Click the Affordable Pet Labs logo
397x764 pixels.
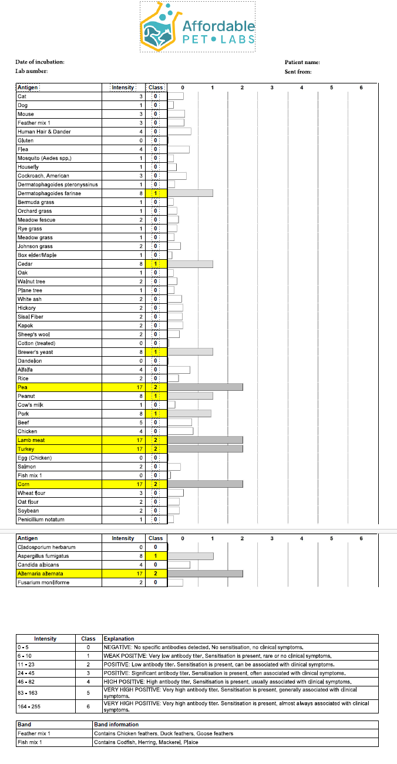pyautogui.click(x=197, y=26)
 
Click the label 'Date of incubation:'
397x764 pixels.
pyautogui.click(x=40, y=62)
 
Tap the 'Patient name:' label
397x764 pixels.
pyautogui.click(x=302, y=62)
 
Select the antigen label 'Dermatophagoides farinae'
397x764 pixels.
pyautogui.click(x=41, y=193)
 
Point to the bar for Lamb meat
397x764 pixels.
pyautogui.click(x=206, y=440)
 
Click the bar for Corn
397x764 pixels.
pyautogui.click(x=206, y=484)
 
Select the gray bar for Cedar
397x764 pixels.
pyautogui.click(x=190, y=264)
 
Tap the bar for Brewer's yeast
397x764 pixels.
pyautogui.click(x=190, y=352)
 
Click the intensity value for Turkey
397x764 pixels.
pyautogui.click(x=140, y=449)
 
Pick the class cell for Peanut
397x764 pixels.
pyautogui.click(x=156, y=396)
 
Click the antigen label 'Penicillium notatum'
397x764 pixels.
pyautogui.click(x=41, y=520)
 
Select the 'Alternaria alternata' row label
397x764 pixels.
pyautogui.click(x=41, y=574)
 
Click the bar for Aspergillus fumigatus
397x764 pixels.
pyautogui.click(x=190, y=556)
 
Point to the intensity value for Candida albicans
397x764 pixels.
pyautogui.click(x=141, y=565)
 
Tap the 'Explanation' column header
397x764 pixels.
pyautogui.click(x=119, y=638)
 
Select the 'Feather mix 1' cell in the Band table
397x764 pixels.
pyautogui.click(x=34, y=733)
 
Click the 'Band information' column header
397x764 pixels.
pyautogui.click(x=116, y=725)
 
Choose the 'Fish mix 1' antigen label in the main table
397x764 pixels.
pyautogui.click(x=30, y=475)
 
